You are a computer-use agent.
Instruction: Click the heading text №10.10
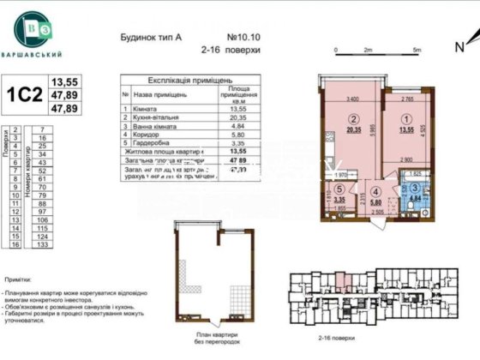(244, 38)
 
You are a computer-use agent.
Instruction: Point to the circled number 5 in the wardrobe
(340, 190)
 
